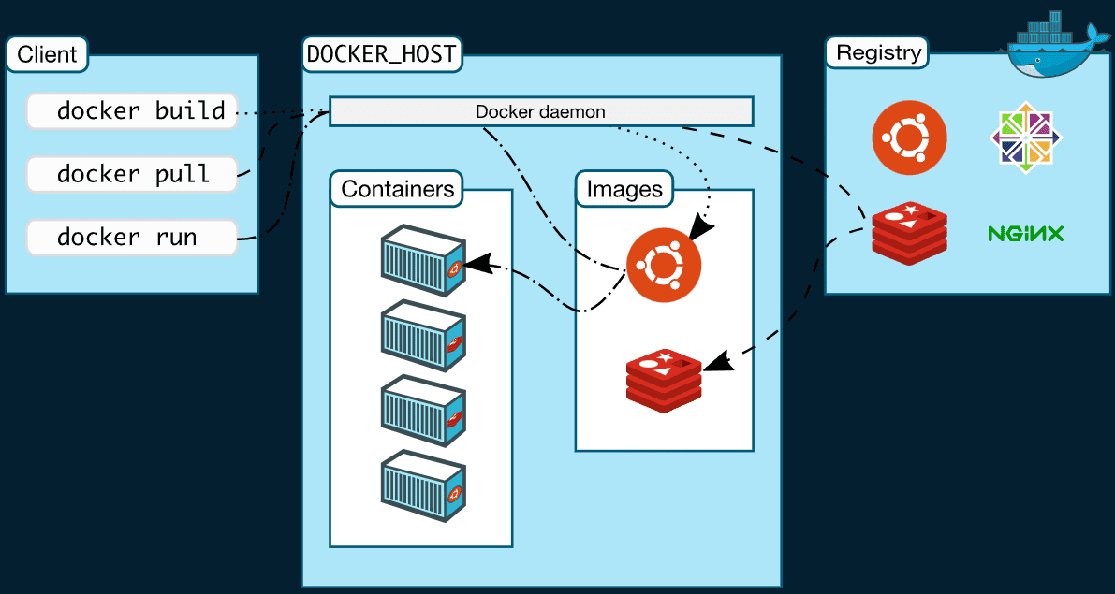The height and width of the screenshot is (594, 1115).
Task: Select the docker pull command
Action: (x=132, y=174)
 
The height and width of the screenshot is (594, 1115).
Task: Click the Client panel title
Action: (x=47, y=53)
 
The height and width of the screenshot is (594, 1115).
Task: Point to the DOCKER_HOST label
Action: (x=382, y=53)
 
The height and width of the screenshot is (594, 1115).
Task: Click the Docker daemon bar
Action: (x=540, y=111)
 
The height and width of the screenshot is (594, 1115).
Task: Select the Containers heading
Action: (x=397, y=189)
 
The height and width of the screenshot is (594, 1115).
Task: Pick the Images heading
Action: (x=624, y=189)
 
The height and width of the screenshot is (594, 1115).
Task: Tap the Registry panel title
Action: (x=877, y=52)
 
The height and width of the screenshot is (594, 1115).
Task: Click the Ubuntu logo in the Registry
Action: (x=909, y=138)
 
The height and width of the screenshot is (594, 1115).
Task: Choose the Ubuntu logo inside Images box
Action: (x=663, y=266)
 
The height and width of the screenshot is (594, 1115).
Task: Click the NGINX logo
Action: (x=1025, y=233)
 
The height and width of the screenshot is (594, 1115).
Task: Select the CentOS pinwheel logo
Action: (x=1026, y=138)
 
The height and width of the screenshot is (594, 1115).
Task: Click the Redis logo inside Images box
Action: (x=663, y=380)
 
